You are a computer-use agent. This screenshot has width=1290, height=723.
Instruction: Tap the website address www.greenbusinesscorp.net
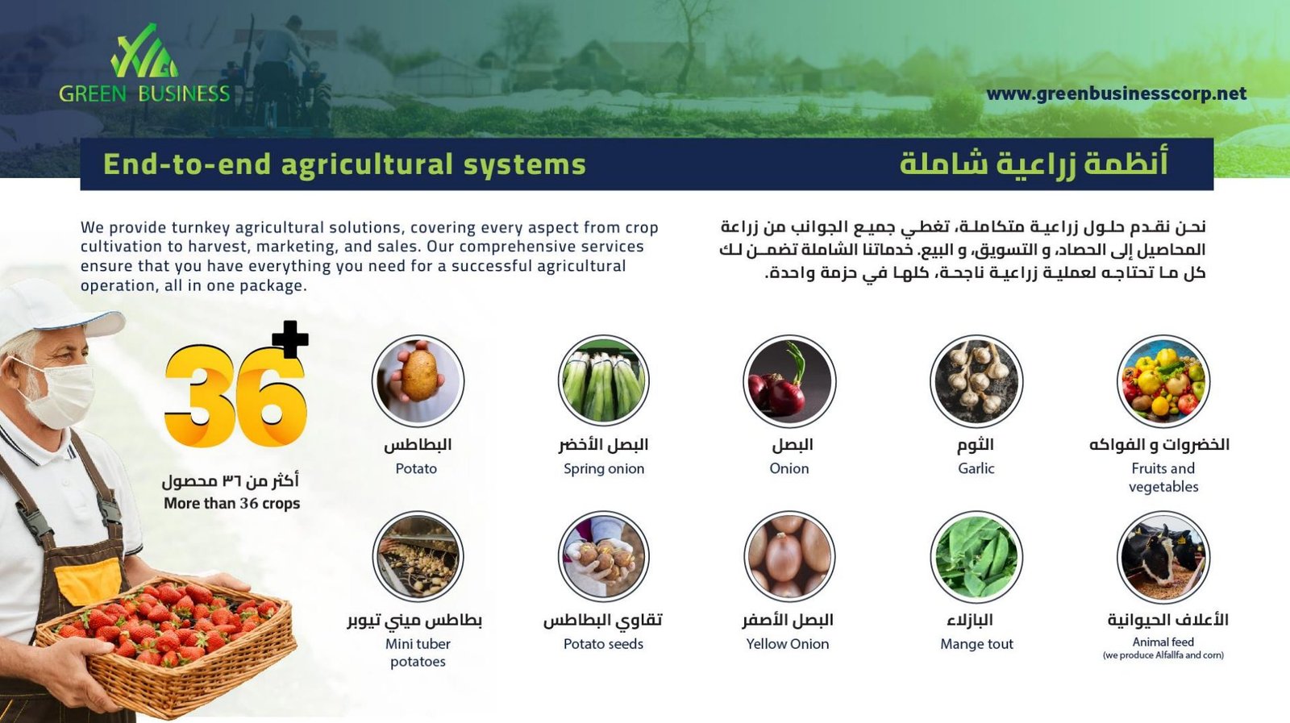coord(1116,93)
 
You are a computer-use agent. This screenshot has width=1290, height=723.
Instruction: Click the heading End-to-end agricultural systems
coord(344,164)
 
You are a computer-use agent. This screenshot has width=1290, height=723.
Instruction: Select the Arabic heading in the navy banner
coord(1034,163)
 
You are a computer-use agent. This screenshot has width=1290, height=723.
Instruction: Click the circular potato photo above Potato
coord(418,380)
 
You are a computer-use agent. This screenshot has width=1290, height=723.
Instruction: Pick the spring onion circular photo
coord(604,380)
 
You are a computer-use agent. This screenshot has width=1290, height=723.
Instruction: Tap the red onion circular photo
coord(789,380)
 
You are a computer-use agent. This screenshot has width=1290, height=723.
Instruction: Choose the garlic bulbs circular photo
coord(976,380)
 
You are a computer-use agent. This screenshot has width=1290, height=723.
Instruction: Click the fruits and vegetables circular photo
coord(1163,380)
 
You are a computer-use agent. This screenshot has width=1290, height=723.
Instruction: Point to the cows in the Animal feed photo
coord(1163,556)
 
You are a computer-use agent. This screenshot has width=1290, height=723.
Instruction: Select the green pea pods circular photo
coord(976,556)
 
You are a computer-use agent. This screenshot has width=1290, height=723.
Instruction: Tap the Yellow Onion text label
coord(787,644)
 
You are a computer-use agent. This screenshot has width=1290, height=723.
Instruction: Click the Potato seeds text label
coord(603,644)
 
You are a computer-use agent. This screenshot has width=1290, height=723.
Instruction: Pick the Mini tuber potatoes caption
coord(418,653)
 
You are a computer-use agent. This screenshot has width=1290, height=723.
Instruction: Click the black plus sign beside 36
coord(289,339)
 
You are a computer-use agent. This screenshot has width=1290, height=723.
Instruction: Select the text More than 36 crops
coord(231,504)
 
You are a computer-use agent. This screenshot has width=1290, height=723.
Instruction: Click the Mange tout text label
coord(976,644)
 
